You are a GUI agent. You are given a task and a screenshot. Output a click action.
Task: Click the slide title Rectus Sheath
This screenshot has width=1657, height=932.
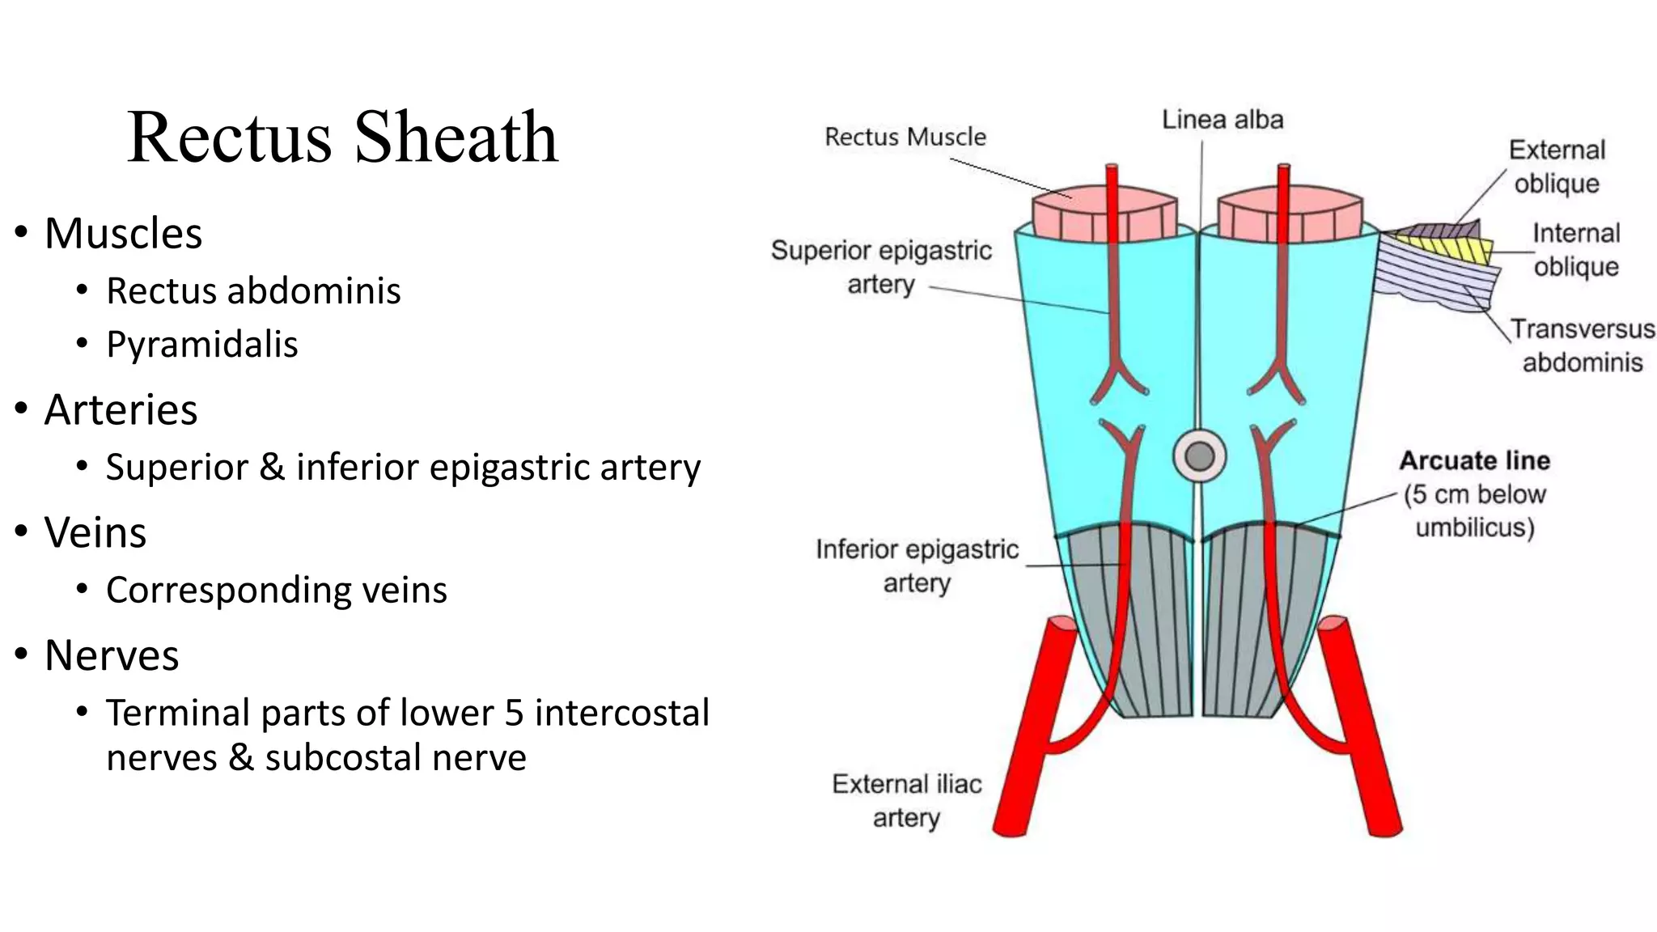[x=342, y=137]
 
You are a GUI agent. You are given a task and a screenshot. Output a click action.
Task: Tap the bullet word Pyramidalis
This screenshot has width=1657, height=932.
[x=202, y=344]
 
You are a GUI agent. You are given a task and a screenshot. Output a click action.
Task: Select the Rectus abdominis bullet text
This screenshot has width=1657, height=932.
[x=253, y=290]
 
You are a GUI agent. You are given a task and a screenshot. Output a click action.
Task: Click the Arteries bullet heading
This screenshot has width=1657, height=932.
[x=121, y=409]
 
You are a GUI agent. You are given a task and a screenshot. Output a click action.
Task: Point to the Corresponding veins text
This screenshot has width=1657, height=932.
[x=276, y=590]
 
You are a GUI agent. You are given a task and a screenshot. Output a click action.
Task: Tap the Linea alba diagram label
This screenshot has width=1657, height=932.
[x=1222, y=120]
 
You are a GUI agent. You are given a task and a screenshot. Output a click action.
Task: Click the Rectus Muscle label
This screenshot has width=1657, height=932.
[x=905, y=137]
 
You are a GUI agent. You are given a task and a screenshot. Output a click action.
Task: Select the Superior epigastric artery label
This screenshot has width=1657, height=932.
[x=881, y=267]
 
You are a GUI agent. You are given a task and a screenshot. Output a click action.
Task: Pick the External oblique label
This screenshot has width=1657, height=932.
[x=1556, y=167]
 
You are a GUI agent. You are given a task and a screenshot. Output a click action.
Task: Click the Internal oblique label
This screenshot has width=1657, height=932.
[x=1575, y=250]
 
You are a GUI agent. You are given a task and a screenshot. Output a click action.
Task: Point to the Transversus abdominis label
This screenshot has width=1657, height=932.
[x=1582, y=345]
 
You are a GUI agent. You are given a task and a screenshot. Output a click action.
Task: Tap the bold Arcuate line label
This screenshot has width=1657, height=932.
[x=1474, y=460]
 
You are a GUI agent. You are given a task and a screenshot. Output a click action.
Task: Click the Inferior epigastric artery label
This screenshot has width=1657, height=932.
[x=916, y=566]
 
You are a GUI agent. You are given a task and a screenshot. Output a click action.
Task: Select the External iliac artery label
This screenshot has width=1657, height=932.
[x=906, y=800]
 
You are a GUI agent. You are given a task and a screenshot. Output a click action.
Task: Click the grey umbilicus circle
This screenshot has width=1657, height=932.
[x=1199, y=456]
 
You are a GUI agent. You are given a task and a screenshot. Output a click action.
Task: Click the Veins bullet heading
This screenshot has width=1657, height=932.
[x=95, y=532]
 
